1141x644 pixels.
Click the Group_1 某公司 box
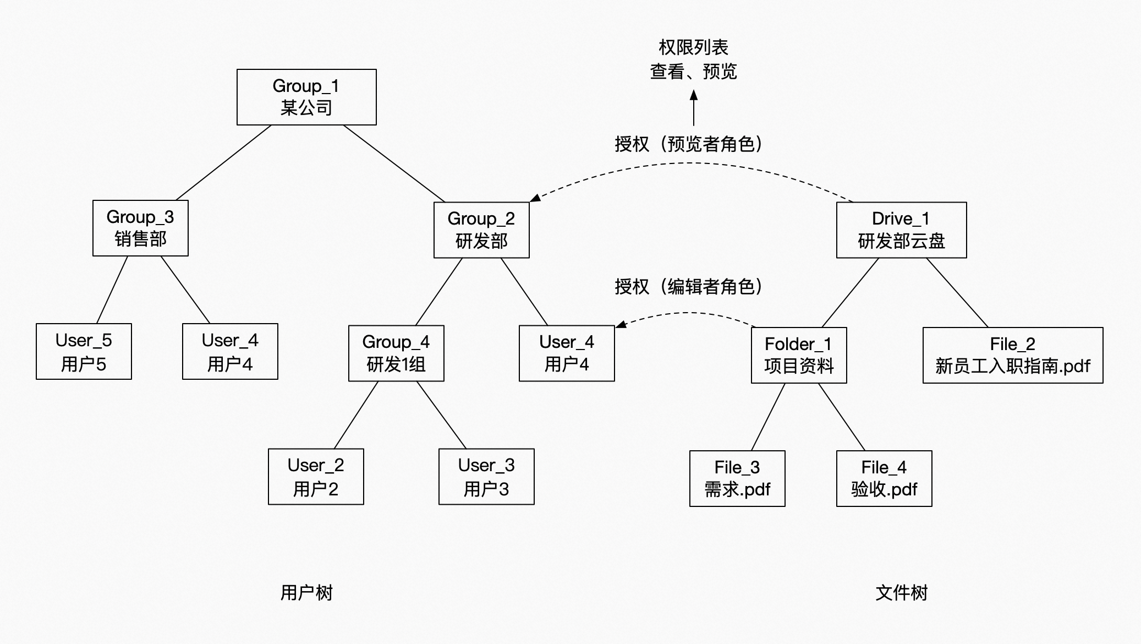[x=306, y=97]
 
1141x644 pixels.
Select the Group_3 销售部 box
[x=140, y=228]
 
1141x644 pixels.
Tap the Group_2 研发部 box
[x=481, y=230]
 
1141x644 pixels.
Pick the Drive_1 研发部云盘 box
[x=901, y=230]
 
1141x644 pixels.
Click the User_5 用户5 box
[x=84, y=351]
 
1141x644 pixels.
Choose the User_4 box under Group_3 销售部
[x=230, y=351]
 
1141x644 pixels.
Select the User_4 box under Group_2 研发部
[x=567, y=353]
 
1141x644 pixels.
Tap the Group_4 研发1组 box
[x=396, y=353]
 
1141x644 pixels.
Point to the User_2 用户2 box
[x=316, y=476]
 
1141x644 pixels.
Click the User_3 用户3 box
[x=486, y=476]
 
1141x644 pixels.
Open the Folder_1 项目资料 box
[x=799, y=355]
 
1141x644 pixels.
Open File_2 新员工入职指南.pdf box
[x=1013, y=355]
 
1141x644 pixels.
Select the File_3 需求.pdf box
[x=737, y=478]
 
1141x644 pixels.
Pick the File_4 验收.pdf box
[x=884, y=478]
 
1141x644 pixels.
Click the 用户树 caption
[x=306, y=593]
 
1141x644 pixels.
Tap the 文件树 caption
[x=902, y=593]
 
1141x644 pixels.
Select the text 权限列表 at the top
[x=693, y=47]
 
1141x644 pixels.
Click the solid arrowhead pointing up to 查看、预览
[x=694, y=95]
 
